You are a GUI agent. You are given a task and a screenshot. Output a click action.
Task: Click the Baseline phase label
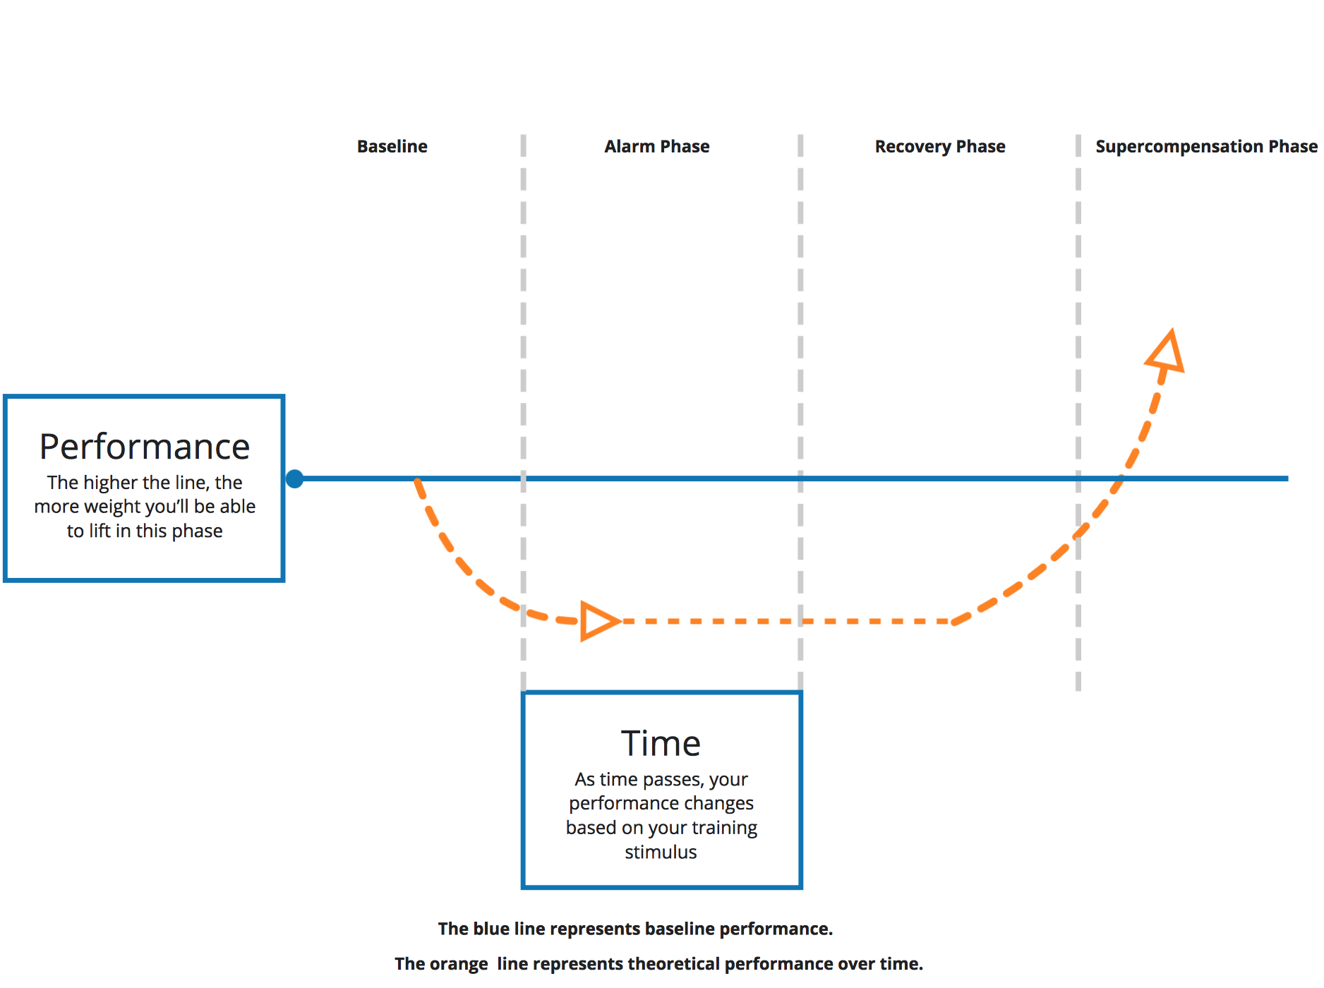point(392,146)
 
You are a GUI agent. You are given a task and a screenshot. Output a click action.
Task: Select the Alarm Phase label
point(657,146)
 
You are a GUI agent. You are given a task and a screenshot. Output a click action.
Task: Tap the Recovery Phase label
point(940,147)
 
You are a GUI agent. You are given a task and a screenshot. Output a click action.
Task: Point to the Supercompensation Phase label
point(1206,147)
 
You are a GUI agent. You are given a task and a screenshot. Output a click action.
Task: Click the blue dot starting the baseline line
point(295,479)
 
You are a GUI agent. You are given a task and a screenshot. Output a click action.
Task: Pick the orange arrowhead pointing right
point(599,621)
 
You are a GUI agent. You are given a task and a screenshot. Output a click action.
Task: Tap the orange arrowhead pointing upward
point(1166,351)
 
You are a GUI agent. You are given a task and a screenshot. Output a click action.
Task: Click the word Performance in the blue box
point(145,447)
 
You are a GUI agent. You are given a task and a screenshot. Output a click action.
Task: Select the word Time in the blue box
point(661,743)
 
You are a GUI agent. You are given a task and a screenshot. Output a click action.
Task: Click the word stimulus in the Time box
point(661,853)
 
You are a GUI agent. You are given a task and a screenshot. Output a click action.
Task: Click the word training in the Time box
point(724,829)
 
